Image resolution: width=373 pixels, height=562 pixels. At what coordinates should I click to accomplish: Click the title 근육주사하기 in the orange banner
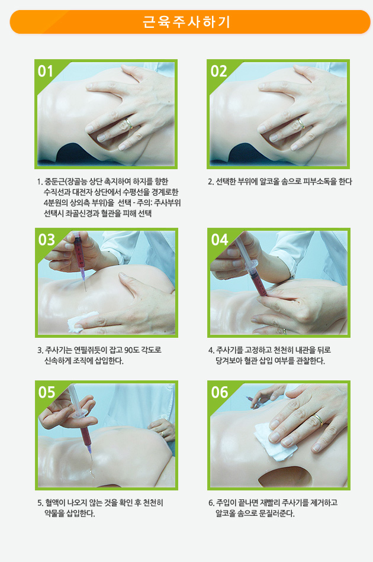[186, 22]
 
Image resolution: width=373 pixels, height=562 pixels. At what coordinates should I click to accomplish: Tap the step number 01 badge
[46, 71]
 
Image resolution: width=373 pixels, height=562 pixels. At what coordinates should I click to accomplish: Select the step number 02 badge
[218, 71]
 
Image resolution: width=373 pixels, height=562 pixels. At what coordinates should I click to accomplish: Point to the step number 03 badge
[46, 240]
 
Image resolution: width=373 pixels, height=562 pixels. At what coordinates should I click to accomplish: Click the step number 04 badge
[220, 240]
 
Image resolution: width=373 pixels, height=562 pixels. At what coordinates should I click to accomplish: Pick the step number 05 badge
[47, 392]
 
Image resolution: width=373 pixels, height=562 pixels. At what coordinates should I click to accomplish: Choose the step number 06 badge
[220, 392]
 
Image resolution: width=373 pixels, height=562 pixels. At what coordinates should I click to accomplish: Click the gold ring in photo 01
[128, 124]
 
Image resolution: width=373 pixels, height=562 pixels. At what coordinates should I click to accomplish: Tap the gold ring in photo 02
[301, 124]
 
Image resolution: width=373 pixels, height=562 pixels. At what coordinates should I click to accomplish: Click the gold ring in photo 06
[318, 419]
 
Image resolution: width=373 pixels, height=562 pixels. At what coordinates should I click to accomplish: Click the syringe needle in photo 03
[85, 286]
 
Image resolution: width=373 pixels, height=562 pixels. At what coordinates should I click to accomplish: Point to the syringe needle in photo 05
[91, 456]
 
